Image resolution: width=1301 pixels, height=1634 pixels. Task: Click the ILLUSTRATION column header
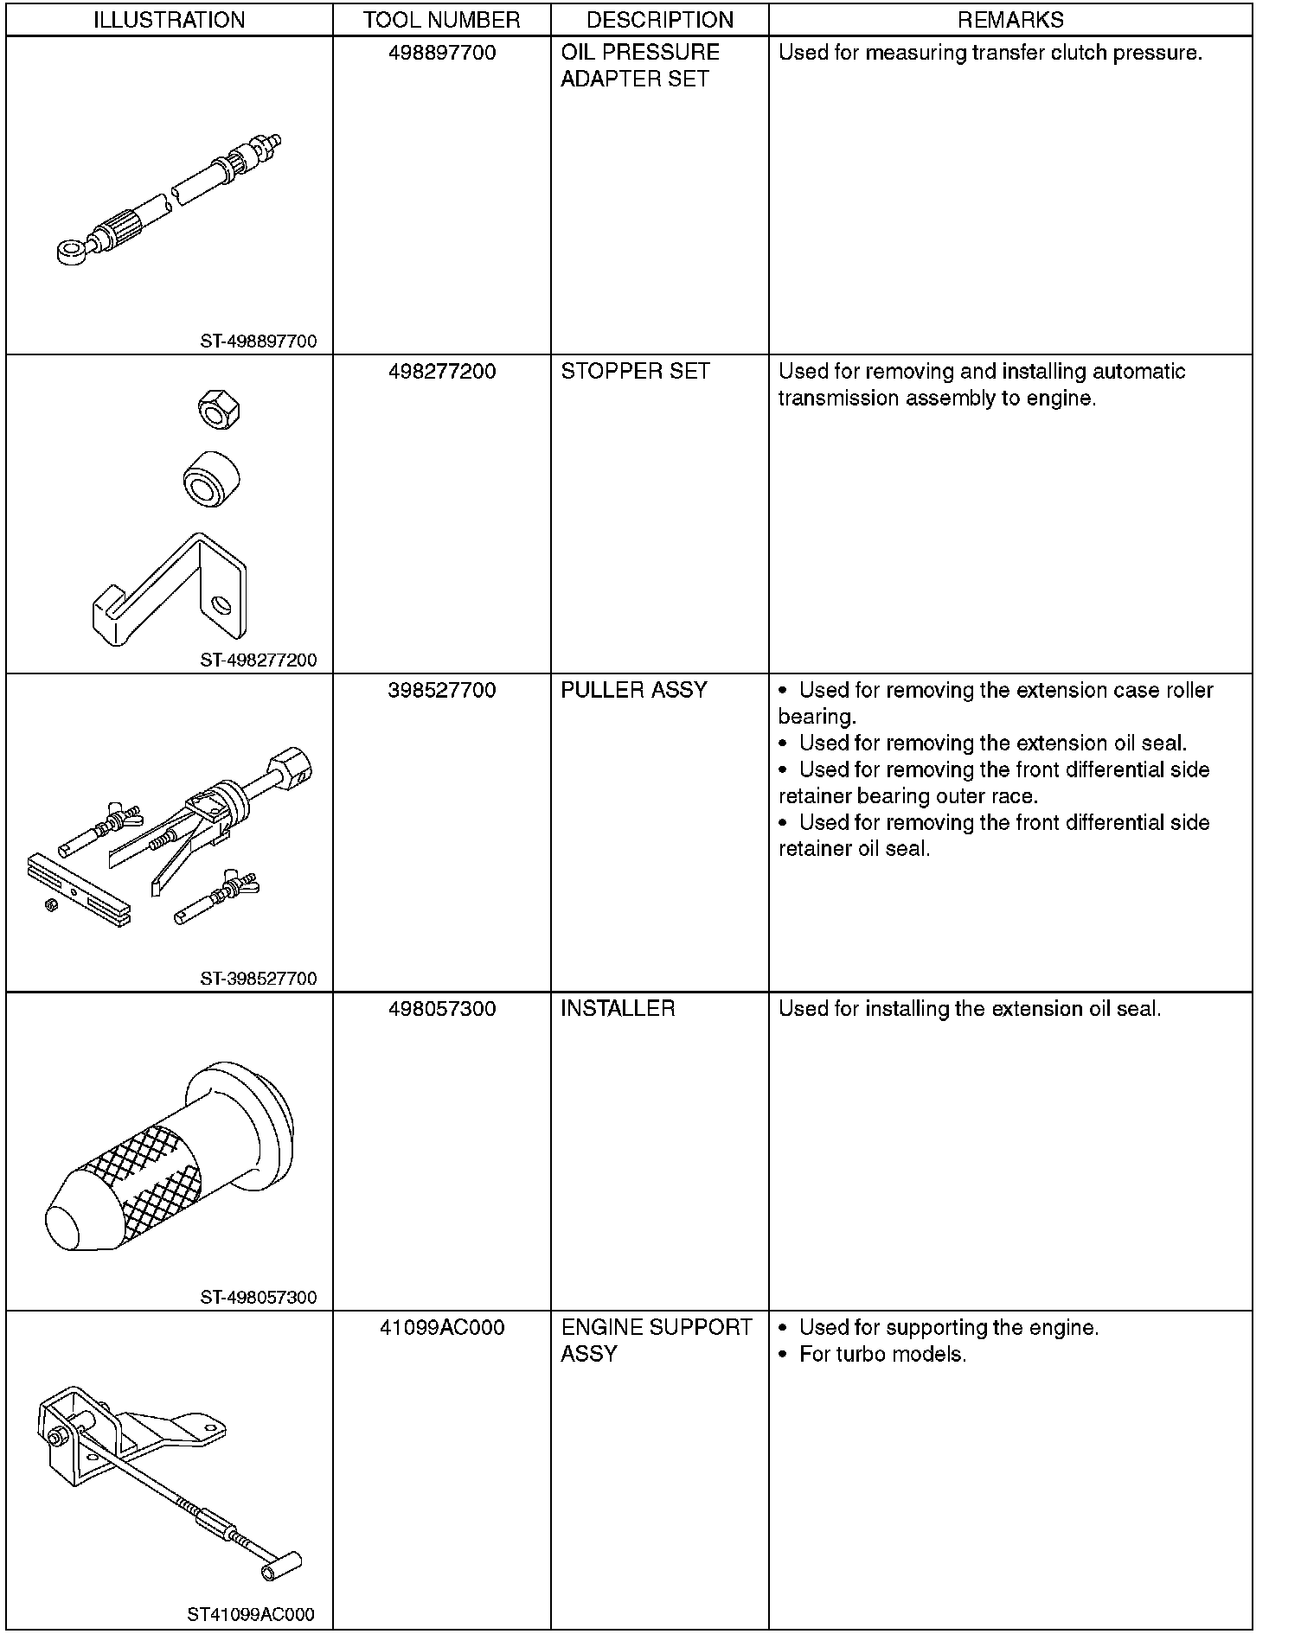pos(169,19)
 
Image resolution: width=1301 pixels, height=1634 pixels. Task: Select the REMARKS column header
pos(1010,19)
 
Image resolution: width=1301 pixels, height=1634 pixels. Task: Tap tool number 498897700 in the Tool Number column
pos(442,53)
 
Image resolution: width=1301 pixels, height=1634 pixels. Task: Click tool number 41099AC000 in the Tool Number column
pos(442,1327)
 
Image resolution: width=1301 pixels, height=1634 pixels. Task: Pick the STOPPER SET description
pos(635,372)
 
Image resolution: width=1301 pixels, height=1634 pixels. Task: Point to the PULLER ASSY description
pos(634,690)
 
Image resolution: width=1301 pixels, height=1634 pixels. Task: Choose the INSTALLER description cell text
pos(618,1009)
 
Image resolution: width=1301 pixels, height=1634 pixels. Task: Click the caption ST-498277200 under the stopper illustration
pos(259,661)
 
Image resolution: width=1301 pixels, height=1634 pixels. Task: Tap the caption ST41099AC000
pos(251,1614)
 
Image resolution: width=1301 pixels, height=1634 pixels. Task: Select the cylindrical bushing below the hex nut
pos(212,478)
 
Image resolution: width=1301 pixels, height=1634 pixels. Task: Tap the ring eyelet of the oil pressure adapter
pos(69,252)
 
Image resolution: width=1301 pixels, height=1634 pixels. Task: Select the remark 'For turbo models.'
pos(882,1354)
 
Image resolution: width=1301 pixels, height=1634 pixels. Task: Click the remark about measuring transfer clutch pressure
pos(990,53)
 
